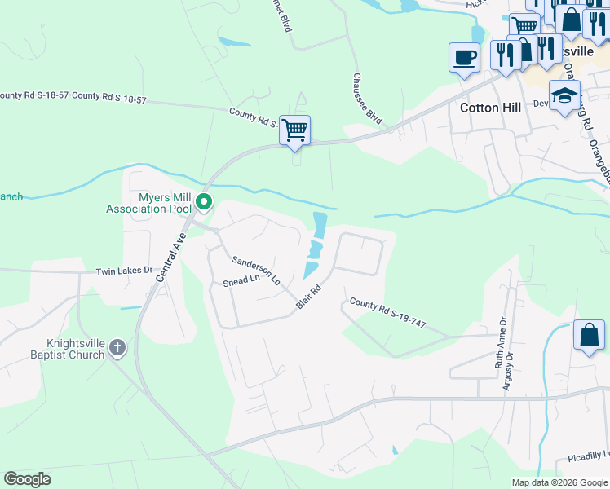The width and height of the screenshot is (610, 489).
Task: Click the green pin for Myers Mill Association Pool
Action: tap(205, 201)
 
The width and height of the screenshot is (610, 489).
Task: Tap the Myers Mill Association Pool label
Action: tap(152, 203)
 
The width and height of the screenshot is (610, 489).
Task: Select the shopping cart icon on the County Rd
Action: tap(294, 130)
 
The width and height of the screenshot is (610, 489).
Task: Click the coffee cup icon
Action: tap(464, 58)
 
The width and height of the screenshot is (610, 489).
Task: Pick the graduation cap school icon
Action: tap(564, 95)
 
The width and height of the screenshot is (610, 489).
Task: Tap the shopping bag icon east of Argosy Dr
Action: tap(589, 335)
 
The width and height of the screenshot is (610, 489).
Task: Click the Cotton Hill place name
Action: tap(490, 108)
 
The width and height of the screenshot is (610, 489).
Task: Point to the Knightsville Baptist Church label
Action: tap(64, 349)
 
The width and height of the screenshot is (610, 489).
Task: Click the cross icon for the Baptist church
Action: tap(117, 349)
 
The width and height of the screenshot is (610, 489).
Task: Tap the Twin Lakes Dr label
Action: tap(124, 271)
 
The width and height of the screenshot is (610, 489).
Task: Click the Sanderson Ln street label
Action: tap(256, 270)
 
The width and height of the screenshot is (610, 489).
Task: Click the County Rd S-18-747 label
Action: tap(387, 313)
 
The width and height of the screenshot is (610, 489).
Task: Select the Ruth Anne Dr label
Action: tap(501, 343)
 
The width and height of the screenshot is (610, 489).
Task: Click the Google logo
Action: tap(27, 479)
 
